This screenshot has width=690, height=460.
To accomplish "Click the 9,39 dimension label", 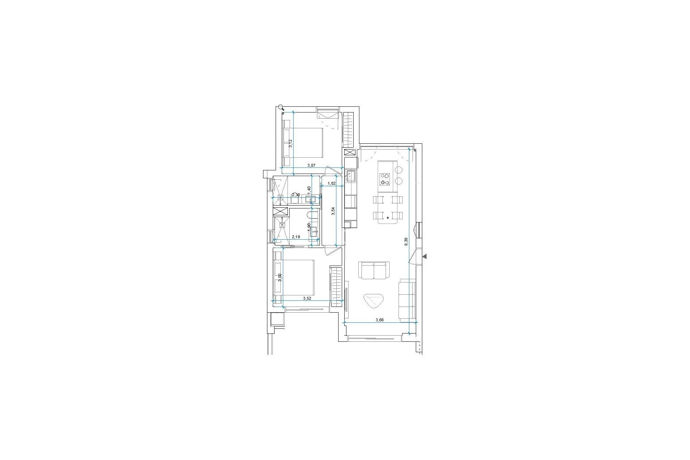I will tap(406, 241).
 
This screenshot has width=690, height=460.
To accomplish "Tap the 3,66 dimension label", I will tap(380, 320).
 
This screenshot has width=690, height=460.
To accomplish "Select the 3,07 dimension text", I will tap(311, 165).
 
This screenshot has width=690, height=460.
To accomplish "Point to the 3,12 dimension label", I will tap(291, 143).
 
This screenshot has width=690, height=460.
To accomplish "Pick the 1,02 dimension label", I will tap(331, 183).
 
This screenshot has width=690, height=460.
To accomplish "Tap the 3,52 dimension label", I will tap(307, 298).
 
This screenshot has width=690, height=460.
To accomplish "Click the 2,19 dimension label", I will tap(296, 237).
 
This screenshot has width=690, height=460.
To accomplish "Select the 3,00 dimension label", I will tap(280, 278).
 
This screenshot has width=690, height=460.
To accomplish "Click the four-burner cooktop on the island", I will tap(385, 179).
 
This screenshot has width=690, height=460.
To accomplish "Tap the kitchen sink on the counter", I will tap(351, 176).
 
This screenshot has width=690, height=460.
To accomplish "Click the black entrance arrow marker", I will tap(424, 256).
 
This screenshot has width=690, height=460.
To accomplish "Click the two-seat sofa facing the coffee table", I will tap(374, 270).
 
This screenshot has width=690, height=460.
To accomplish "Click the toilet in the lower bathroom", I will tap(312, 216).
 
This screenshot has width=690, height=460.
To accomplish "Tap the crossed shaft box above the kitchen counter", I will tap(350, 152).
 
